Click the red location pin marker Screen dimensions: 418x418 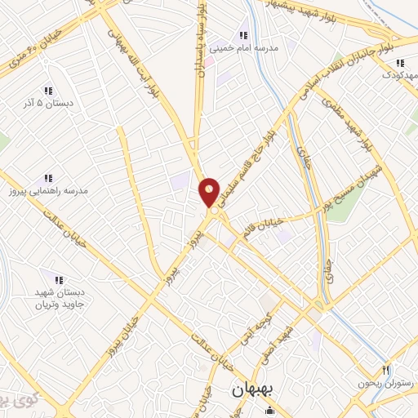click(209, 193)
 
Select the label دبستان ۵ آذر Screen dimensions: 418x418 click(48, 104)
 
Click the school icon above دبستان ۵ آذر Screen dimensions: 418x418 click(48, 91)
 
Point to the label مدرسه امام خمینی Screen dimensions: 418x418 click(245, 48)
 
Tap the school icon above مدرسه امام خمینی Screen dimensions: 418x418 click(242, 34)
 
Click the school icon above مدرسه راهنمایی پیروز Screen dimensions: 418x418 click(48, 177)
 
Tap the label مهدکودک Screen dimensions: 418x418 click(399, 74)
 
